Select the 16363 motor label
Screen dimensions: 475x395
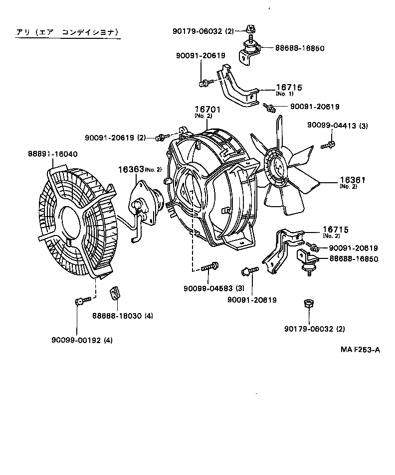(x=131, y=169)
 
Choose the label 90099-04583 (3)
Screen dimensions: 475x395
(x=214, y=288)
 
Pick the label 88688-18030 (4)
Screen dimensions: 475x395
(x=122, y=315)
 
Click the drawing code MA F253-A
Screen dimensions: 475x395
(x=360, y=350)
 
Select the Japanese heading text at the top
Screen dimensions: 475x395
(x=67, y=32)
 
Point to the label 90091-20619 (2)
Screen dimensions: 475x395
(x=115, y=137)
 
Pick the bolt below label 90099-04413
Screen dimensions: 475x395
(x=329, y=144)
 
